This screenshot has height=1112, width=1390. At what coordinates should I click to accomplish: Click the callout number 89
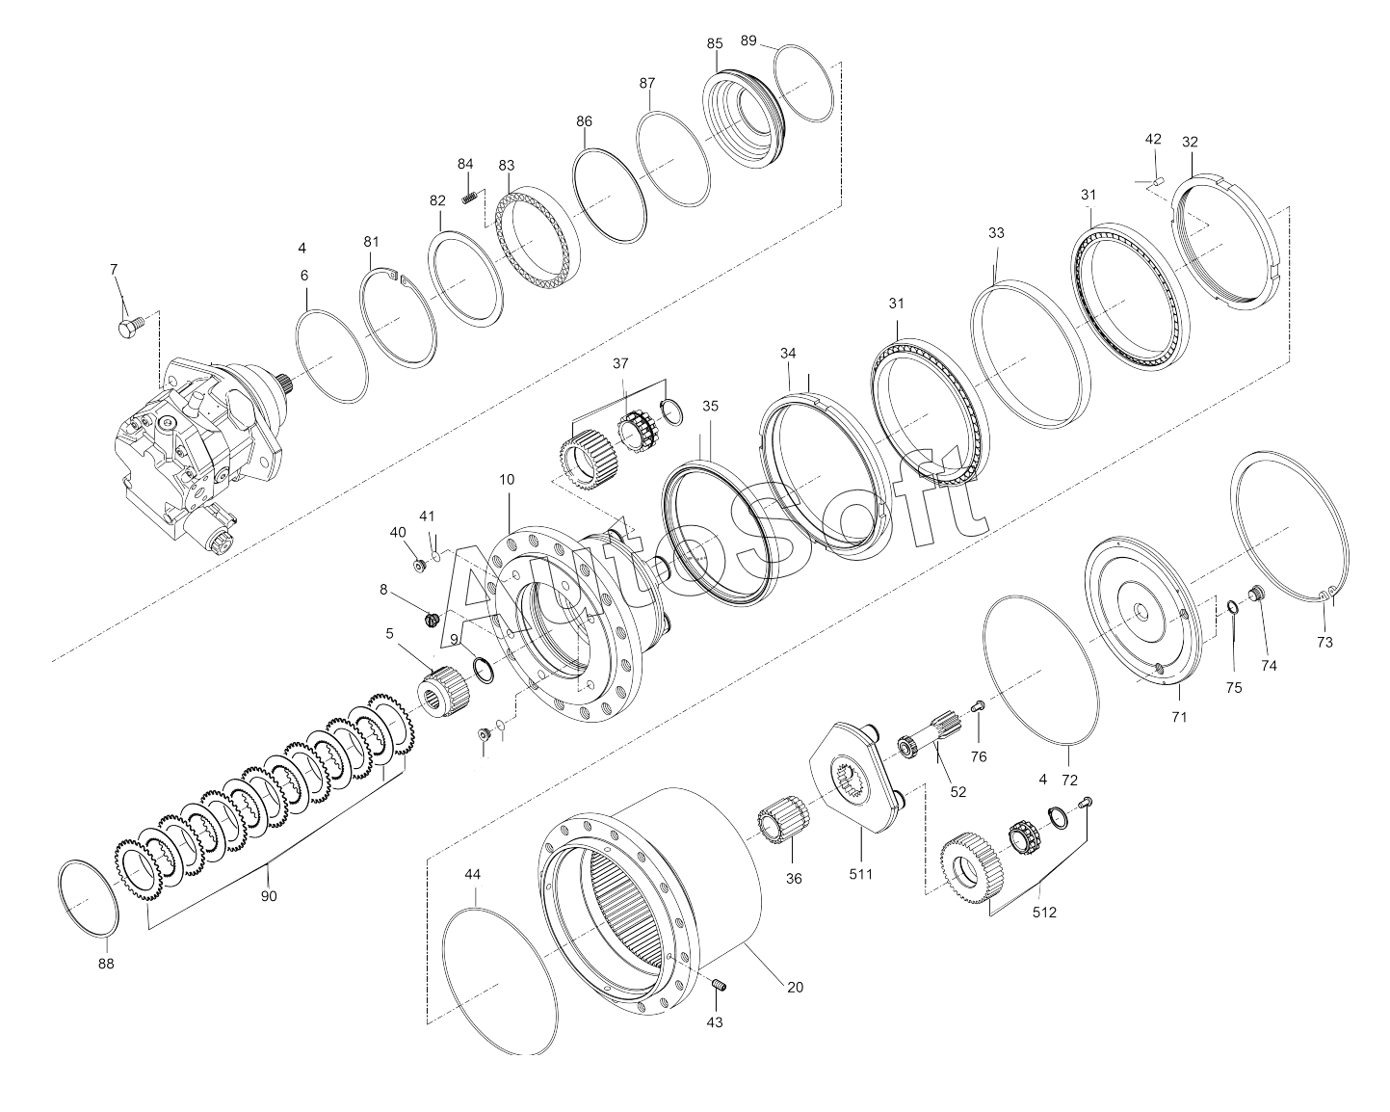point(747,40)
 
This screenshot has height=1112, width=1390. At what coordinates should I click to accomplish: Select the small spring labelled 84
point(469,199)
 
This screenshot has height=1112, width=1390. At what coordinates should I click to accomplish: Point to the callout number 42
point(1153,139)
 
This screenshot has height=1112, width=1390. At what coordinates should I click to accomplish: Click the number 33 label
point(996,232)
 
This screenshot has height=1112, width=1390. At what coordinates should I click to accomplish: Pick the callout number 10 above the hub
point(507,480)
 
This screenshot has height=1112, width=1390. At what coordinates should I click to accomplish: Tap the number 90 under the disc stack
point(269,896)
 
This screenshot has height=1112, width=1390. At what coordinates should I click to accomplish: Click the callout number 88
point(106,964)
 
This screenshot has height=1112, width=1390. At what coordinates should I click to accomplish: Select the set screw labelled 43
point(720,986)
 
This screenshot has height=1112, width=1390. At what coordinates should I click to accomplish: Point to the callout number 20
point(795,988)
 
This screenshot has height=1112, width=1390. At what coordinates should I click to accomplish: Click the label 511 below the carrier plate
point(861,874)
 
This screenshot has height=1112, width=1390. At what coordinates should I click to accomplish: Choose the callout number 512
point(1044,913)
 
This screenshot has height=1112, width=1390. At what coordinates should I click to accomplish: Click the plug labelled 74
point(1256,592)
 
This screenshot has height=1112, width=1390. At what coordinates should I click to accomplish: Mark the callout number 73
point(1324,643)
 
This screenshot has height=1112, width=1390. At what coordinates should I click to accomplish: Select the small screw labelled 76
point(978,705)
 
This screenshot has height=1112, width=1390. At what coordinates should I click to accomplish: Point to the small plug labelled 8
point(433,620)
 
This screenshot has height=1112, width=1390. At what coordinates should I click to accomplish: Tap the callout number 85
point(715,43)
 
